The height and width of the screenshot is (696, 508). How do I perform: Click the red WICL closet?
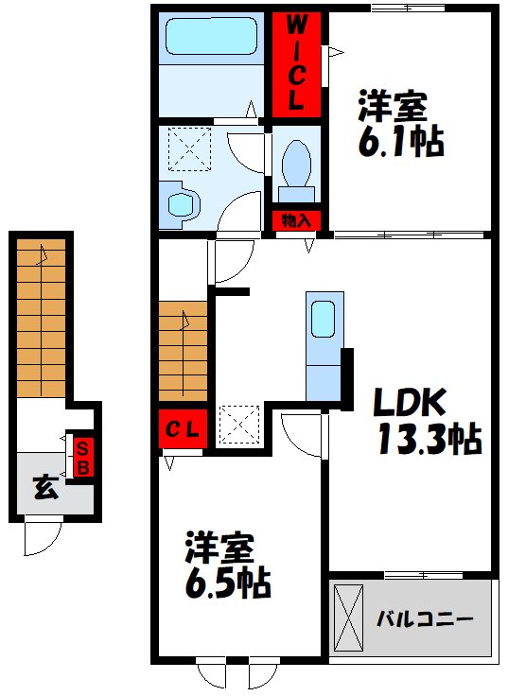(296, 65)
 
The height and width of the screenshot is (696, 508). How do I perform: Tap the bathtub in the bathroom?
(211, 36)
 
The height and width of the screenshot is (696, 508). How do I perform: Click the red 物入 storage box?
(296, 220)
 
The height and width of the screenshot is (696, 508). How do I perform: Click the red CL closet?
(183, 428)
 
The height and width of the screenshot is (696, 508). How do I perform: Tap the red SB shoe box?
(83, 457)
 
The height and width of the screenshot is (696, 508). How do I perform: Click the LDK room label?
(409, 402)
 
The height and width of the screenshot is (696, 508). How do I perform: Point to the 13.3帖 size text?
(429, 439)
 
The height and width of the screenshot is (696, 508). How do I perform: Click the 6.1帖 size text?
(401, 141)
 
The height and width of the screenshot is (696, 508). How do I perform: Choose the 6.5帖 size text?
(228, 583)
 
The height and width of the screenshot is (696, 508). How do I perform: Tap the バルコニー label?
(425, 618)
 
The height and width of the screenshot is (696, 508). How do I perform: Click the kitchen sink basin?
(323, 319)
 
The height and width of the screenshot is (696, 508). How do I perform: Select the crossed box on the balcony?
(348, 618)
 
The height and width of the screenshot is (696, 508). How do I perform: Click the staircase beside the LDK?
(183, 352)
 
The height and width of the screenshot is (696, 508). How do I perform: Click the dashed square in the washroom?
(189, 149)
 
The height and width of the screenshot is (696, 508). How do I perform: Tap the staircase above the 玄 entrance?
(42, 319)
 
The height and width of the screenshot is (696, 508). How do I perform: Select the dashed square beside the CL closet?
(240, 425)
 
